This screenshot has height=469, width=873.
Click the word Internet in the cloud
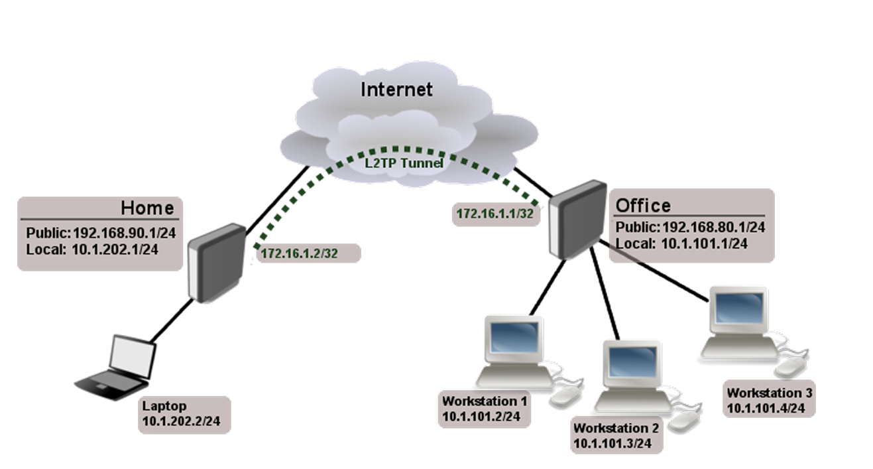396,89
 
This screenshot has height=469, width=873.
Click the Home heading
147,208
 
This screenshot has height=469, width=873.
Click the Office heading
643,205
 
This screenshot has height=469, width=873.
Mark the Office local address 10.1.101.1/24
704,243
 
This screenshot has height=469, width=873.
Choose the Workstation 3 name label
769,393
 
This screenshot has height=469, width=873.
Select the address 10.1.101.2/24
481,417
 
